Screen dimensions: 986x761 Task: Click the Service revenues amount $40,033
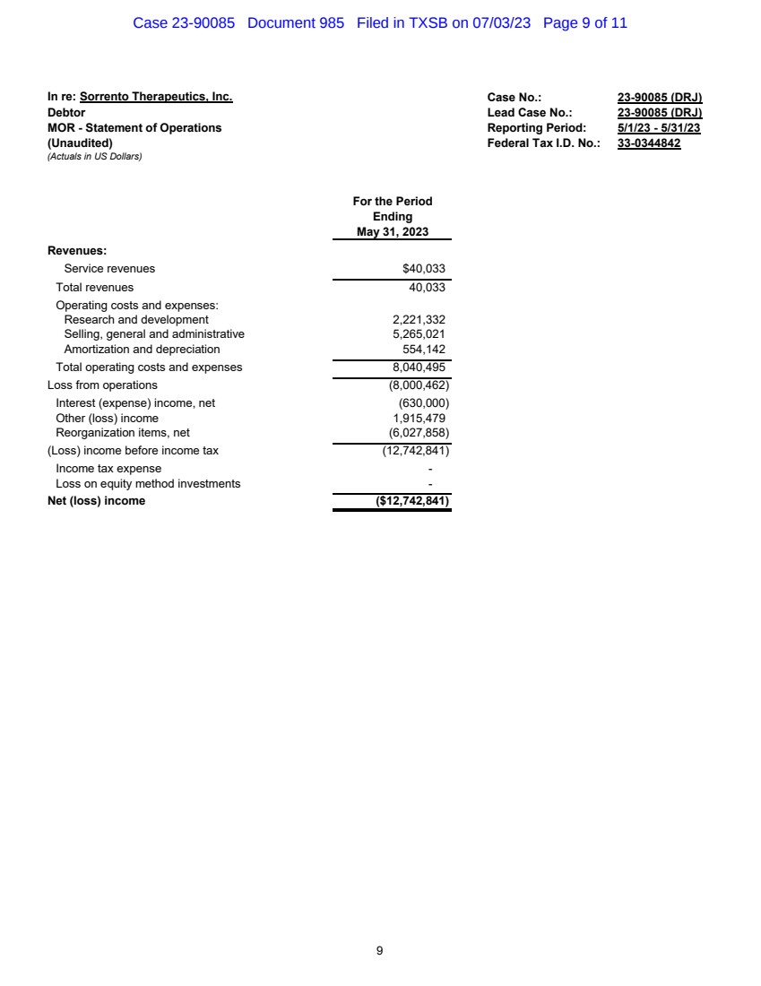pos(423,269)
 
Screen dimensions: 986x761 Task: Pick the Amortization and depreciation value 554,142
pos(424,350)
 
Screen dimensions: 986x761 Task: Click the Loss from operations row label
pos(102,385)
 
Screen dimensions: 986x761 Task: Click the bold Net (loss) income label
pos(96,501)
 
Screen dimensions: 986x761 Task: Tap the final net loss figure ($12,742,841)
pos(412,501)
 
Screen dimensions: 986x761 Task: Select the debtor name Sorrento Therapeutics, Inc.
pos(156,97)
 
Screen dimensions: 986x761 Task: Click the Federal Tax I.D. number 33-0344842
pos(649,143)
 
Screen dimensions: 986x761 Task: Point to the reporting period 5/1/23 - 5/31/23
pos(659,128)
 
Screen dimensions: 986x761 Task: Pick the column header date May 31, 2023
pos(392,232)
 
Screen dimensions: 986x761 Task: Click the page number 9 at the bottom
pos(380,950)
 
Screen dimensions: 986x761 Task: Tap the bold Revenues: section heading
pos(77,251)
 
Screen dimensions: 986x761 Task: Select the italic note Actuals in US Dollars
pos(94,158)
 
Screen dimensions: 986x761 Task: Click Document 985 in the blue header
pos(295,23)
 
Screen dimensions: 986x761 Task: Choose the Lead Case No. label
pos(530,113)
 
